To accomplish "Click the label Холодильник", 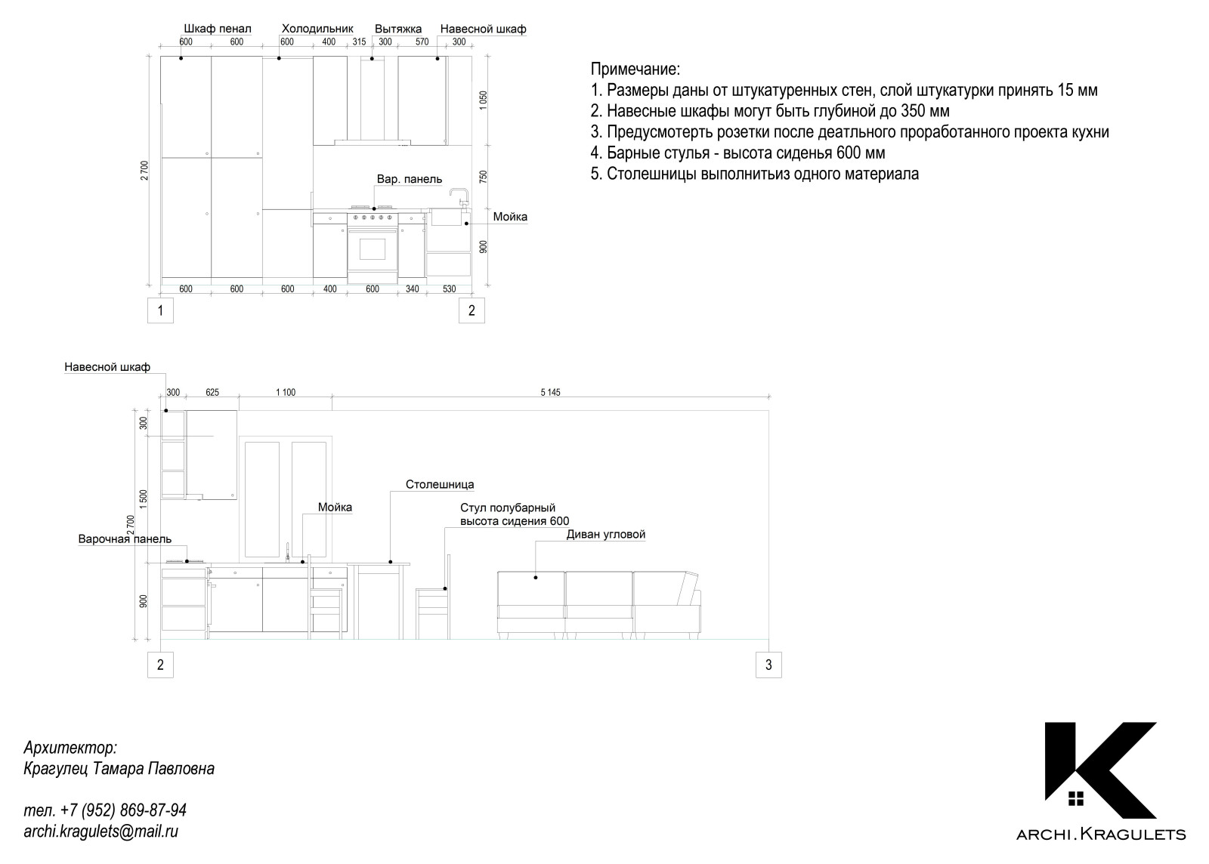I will point(317,29).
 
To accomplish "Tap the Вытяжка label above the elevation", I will point(398,29).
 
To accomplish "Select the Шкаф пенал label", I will point(218,29).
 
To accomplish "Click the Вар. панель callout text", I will point(410,179).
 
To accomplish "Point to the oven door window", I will point(373,248).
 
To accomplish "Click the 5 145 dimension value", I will point(550,392).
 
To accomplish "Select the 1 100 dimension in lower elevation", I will point(286,392).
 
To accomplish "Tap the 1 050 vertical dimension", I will point(484,100).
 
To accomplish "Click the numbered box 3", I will point(768,665).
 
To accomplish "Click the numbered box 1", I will point(160,310).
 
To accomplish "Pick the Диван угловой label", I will point(606,535).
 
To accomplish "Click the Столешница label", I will point(440,485).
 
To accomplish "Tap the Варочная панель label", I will point(125,539).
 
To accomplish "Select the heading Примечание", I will point(635,69).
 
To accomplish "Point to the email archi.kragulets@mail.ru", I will point(101,832).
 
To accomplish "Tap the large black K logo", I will point(1100,770).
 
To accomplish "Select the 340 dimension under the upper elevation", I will point(412,289).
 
